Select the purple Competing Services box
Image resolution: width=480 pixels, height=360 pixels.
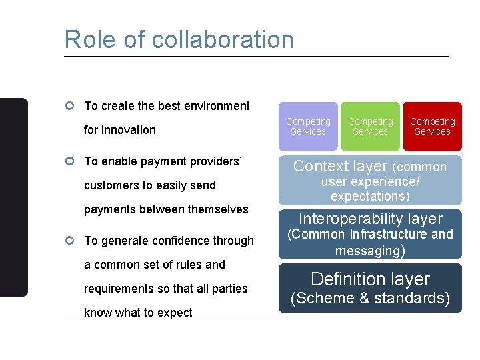pyautogui.click(x=308, y=126)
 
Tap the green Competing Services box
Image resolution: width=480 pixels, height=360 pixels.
pyautogui.click(x=370, y=126)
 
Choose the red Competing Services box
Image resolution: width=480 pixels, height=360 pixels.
pyautogui.click(x=432, y=126)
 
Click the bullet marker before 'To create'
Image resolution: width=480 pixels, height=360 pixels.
pyautogui.click(x=70, y=106)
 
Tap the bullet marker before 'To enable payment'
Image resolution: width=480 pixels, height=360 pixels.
pyautogui.click(x=70, y=161)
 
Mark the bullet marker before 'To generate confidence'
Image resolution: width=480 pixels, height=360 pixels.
pyautogui.click(x=70, y=241)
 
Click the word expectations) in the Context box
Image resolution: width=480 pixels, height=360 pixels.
pyautogui.click(x=370, y=196)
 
